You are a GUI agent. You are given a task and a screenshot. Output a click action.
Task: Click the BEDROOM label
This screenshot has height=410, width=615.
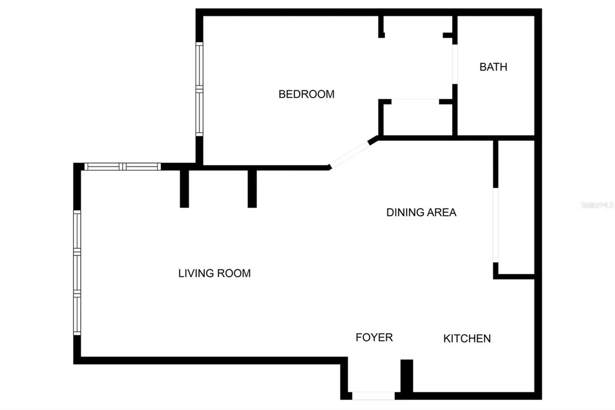pos(306,94)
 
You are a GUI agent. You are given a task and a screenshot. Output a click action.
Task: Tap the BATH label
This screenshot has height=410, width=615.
pos(493,67)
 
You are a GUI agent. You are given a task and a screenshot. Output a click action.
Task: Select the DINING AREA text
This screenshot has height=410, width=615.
pos(421,212)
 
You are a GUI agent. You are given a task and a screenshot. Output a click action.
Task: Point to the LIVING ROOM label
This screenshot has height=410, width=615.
pos(214,274)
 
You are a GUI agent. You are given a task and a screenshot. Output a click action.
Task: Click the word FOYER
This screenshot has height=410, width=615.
pos(374,337)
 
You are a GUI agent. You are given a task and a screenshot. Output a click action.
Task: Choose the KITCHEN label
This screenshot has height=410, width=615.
pos(467,338)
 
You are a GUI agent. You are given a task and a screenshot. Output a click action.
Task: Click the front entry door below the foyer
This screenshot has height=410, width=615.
pos(373,396)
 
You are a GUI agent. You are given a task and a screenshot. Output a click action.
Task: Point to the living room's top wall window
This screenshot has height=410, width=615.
pos(122,167)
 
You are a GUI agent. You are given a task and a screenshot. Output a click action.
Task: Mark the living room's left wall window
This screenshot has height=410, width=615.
pos(77,272)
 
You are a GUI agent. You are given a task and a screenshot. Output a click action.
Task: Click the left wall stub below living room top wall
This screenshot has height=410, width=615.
pos(184,188)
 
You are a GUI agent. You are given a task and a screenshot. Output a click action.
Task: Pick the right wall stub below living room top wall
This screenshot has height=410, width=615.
pos(252,188)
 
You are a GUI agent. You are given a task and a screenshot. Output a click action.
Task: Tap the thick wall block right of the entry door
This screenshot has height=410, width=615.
pos(407,377)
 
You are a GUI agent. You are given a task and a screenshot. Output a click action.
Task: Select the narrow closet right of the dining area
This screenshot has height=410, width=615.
pos(515,207)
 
